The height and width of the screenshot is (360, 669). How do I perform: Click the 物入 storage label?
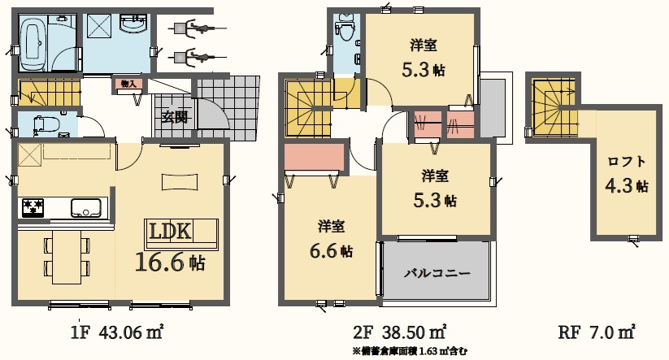click(x=128, y=84)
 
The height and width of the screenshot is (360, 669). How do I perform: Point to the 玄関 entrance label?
click(x=175, y=116)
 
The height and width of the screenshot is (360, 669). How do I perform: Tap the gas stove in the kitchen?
click(x=33, y=208)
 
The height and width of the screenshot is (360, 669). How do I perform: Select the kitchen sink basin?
click(x=85, y=208)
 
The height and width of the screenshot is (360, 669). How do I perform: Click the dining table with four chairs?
click(x=67, y=257)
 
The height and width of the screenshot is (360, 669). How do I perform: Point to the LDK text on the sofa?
click(x=170, y=232)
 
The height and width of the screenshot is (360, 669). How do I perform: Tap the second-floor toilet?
click(x=344, y=28)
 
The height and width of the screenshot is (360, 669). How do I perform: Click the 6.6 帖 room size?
click(x=331, y=251)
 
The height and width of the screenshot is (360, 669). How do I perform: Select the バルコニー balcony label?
click(x=437, y=273)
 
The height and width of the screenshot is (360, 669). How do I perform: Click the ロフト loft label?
click(x=627, y=161)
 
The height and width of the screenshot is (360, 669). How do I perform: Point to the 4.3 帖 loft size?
click(x=627, y=185)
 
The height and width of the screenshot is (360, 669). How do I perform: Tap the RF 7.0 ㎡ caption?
click(x=597, y=332)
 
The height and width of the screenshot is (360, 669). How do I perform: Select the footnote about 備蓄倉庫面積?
click(x=410, y=352)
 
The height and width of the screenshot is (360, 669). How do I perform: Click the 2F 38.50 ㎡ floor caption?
click(x=400, y=331)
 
